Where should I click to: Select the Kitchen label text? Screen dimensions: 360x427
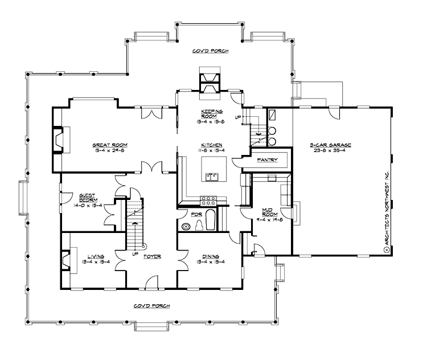coord(207,145)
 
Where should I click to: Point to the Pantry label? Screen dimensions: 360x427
coord(267,160)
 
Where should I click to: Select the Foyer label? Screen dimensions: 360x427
coord(152,256)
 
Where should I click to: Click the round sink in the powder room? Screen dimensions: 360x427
coord(186,227)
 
